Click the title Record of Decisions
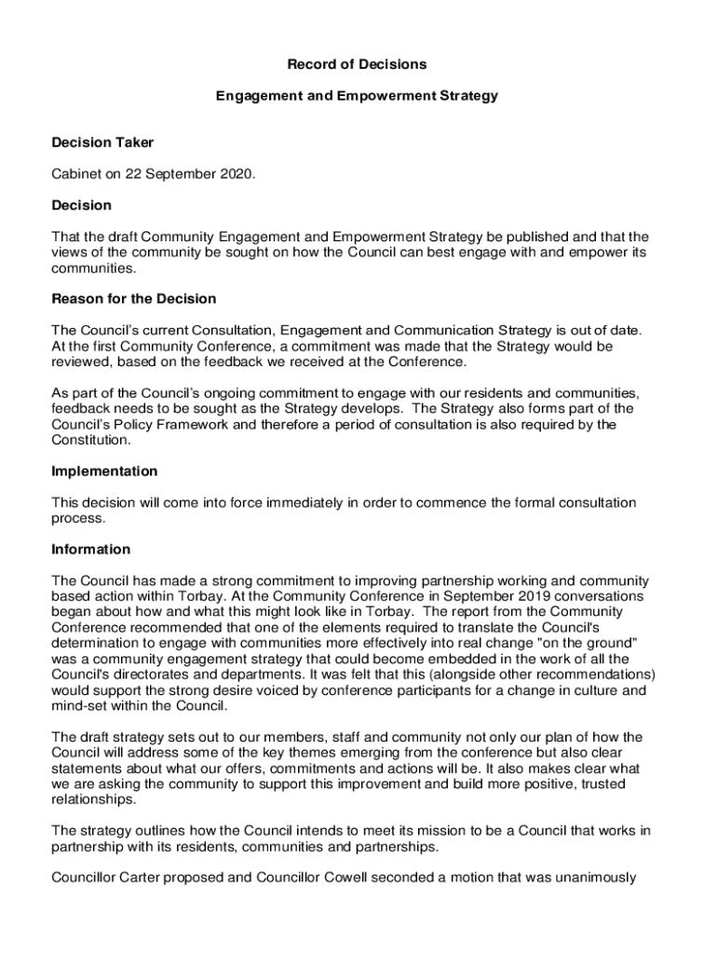tap(357, 64)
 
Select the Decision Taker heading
tap(102, 143)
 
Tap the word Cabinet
tap(79, 174)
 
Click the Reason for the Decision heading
tap(134, 299)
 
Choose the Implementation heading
tap(104, 471)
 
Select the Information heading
tap(91, 550)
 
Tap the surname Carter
tap(150, 878)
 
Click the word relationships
tap(93, 800)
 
